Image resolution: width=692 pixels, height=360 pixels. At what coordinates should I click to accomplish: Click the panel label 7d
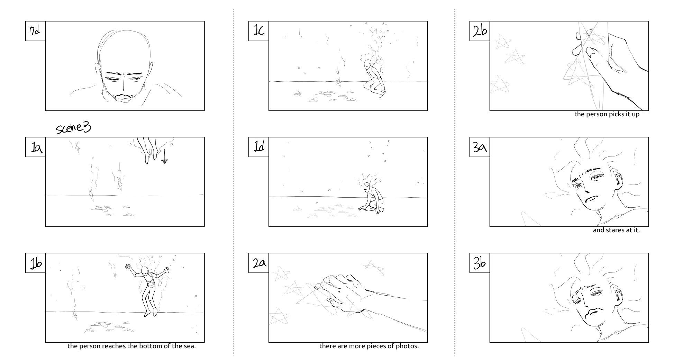pos(35,31)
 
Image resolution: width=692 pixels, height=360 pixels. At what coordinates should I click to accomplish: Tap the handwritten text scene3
pos(74,128)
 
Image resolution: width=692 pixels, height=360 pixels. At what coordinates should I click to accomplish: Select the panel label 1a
pos(36,147)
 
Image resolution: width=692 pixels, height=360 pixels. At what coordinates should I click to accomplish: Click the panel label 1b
pos(36,263)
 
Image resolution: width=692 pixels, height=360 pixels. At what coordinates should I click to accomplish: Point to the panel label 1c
pos(259,31)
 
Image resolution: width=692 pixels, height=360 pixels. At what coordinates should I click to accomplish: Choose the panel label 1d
pos(259,147)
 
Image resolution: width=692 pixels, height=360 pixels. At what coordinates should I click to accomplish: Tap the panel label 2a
pos(259,263)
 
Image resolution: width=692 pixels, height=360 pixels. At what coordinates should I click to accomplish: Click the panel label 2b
pos(480,31)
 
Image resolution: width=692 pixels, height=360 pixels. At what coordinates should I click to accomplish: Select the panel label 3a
pos(480,147)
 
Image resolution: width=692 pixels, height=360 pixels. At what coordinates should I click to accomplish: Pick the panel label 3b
pos(480,263)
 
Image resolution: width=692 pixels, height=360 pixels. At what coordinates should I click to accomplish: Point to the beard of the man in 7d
pos(124,97)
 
